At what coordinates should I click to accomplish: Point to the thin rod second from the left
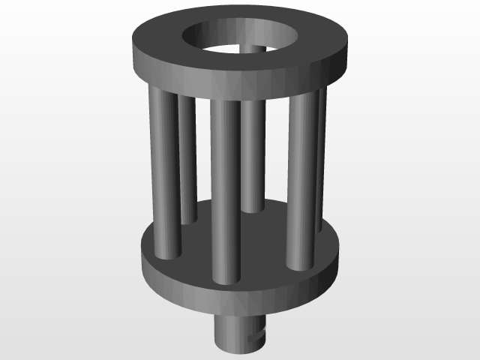(187, 157)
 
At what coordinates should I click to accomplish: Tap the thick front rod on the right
(302, 180)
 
